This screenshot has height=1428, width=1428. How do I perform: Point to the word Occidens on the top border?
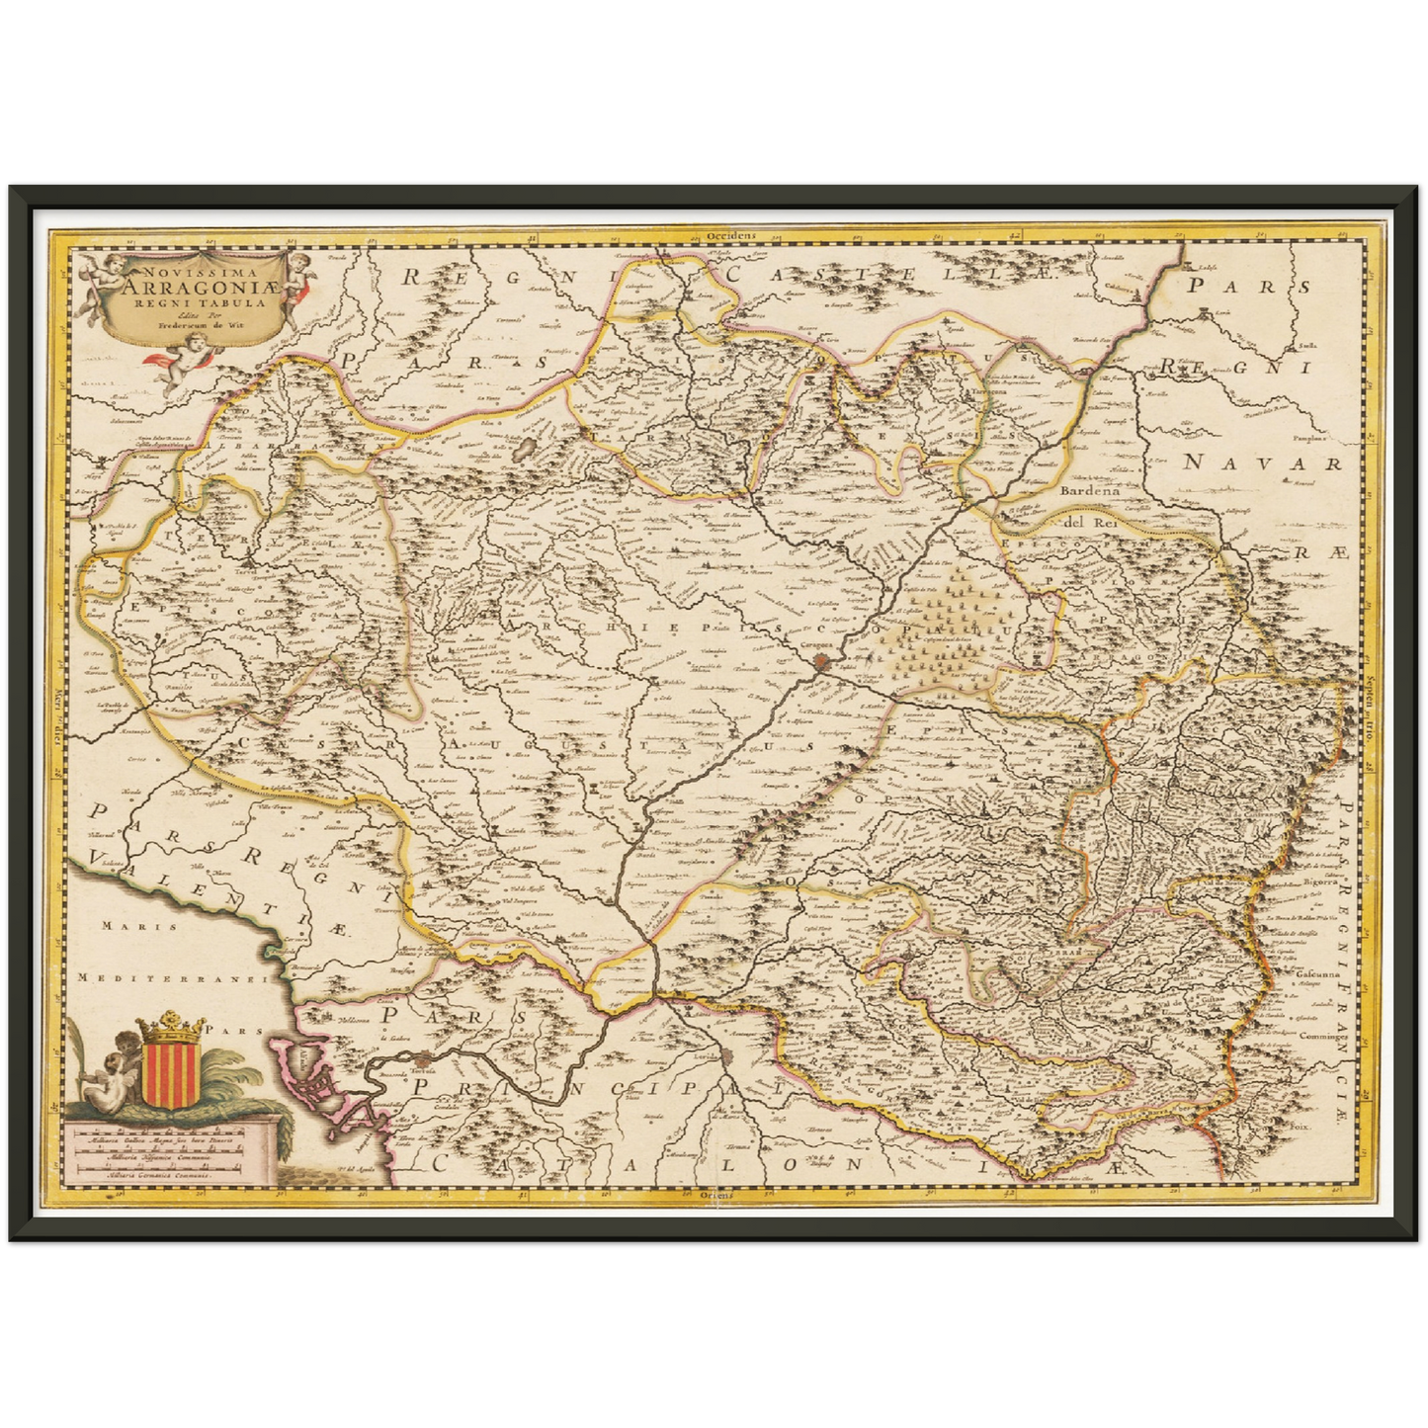click(731, 236)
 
